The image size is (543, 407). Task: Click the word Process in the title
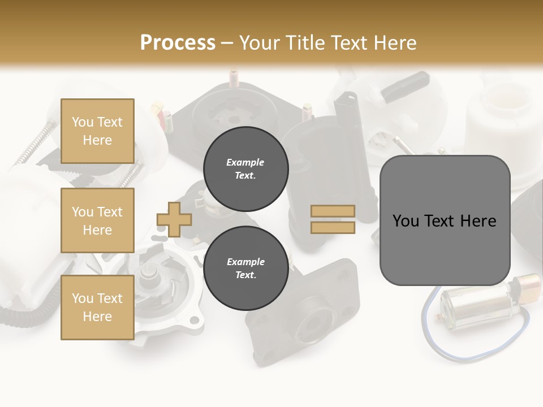point(178,42)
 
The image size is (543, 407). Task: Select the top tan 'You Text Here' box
point(97,131)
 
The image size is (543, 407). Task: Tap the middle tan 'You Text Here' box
point(97,220)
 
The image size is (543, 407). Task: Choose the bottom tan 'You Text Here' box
point(97,307)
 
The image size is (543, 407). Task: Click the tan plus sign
point(174,219)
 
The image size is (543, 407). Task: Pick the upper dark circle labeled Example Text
point(245,169)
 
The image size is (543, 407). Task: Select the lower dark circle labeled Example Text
point(245,269)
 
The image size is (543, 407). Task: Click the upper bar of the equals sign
point(333,211)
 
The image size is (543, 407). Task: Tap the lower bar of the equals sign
point(333,228)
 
